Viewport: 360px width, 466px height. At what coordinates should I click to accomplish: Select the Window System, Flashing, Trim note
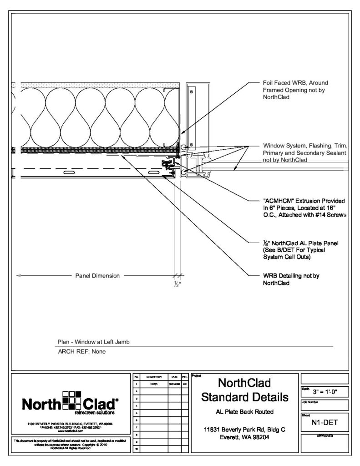tap(305, 152)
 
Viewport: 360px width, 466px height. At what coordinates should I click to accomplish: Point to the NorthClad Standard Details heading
tap(245, 390)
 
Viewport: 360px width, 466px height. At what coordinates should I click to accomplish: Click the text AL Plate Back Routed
tap(245, 412)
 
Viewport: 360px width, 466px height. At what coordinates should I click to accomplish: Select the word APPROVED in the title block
tap(325, 436)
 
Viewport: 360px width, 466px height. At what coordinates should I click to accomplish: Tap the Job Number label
tap(312, 402)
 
